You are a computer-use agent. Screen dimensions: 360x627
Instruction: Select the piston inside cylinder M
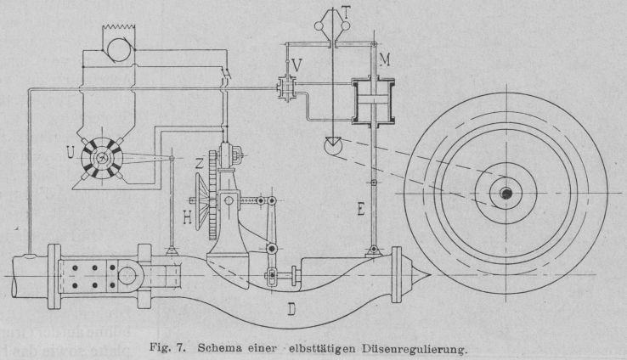[373, 98]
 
